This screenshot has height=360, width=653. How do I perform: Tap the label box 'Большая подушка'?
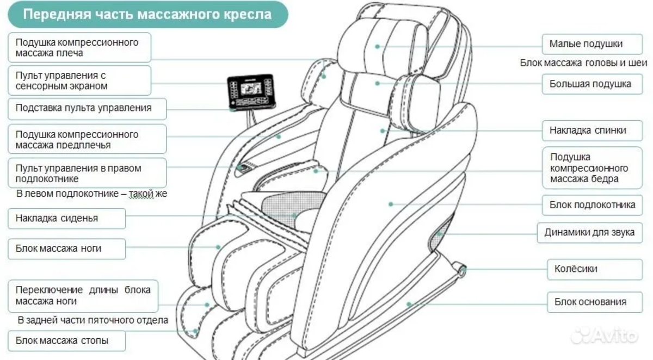[589, 84]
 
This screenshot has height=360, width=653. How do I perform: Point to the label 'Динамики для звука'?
[589, 233]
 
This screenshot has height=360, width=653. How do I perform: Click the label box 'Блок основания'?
[589, 302]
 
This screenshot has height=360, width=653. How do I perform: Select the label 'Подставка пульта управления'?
[83, 108]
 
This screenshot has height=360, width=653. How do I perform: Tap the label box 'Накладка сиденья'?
[66, 219]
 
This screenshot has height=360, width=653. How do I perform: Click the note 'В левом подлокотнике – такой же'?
[91, 194]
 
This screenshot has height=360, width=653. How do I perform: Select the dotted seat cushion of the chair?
[286, 206]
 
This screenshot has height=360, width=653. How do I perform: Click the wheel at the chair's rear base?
[461, 269]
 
